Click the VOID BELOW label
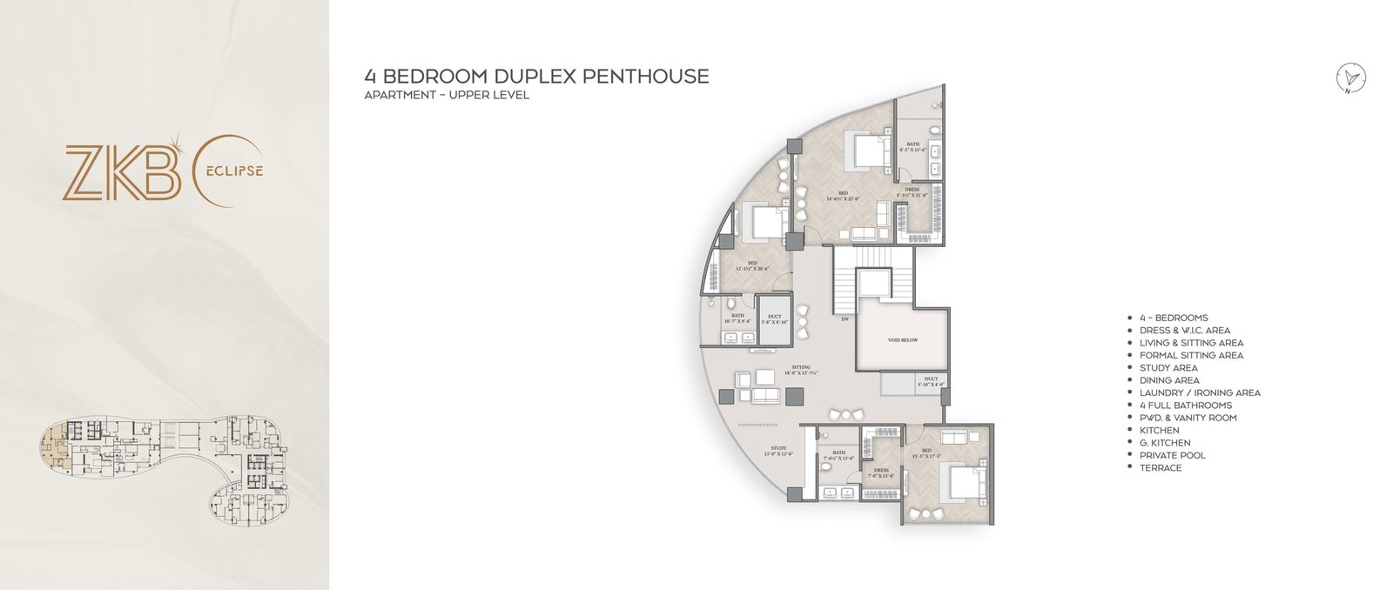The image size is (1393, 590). pos(903,340)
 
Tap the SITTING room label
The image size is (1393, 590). pos(801,370)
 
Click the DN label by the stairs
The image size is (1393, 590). pos(845,319)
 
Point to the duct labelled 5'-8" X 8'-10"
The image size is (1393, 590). pos(774,319)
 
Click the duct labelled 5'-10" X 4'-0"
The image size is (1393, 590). pos(931,381)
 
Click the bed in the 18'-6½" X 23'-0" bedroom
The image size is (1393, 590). pos(867,150)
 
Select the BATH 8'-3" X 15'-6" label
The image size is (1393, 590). pos(912,147)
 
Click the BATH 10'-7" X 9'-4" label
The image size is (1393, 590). pos(737,318)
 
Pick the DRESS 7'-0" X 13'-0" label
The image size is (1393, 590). pos(881,473)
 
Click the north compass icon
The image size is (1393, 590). pos(1351,77)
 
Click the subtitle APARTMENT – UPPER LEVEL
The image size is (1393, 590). pos(447,95)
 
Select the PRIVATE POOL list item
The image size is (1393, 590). pos(1172,455)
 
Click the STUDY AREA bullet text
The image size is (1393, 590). pos(1168,368)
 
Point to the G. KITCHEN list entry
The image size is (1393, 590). pos(1165,443)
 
